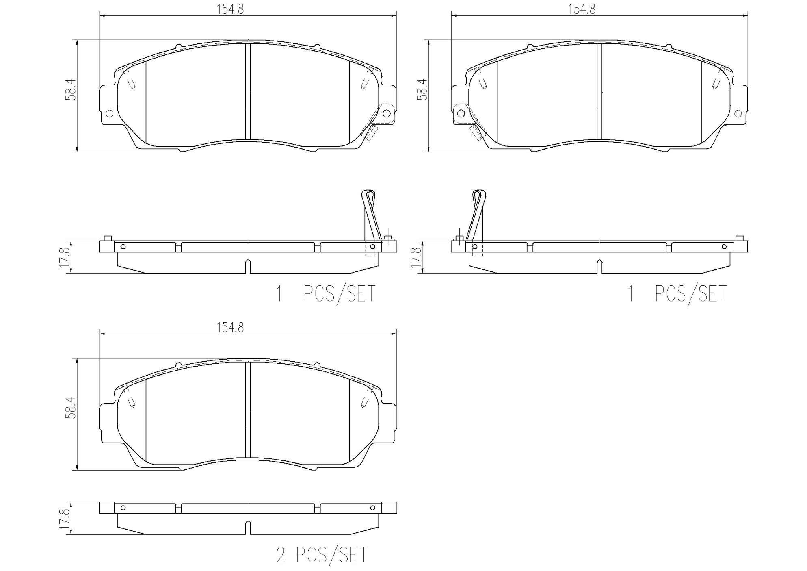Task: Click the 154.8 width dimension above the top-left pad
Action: coord(230,9)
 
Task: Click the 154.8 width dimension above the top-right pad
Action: coord(582,9)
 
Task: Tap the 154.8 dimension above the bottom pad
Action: coord(230,328)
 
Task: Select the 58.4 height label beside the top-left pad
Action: coord(72,89)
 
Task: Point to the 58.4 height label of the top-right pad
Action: coord(423,89)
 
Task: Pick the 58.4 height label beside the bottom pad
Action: coord(72,408)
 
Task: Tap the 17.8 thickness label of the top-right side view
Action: coord(416,257)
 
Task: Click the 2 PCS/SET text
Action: coord(322,555)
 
